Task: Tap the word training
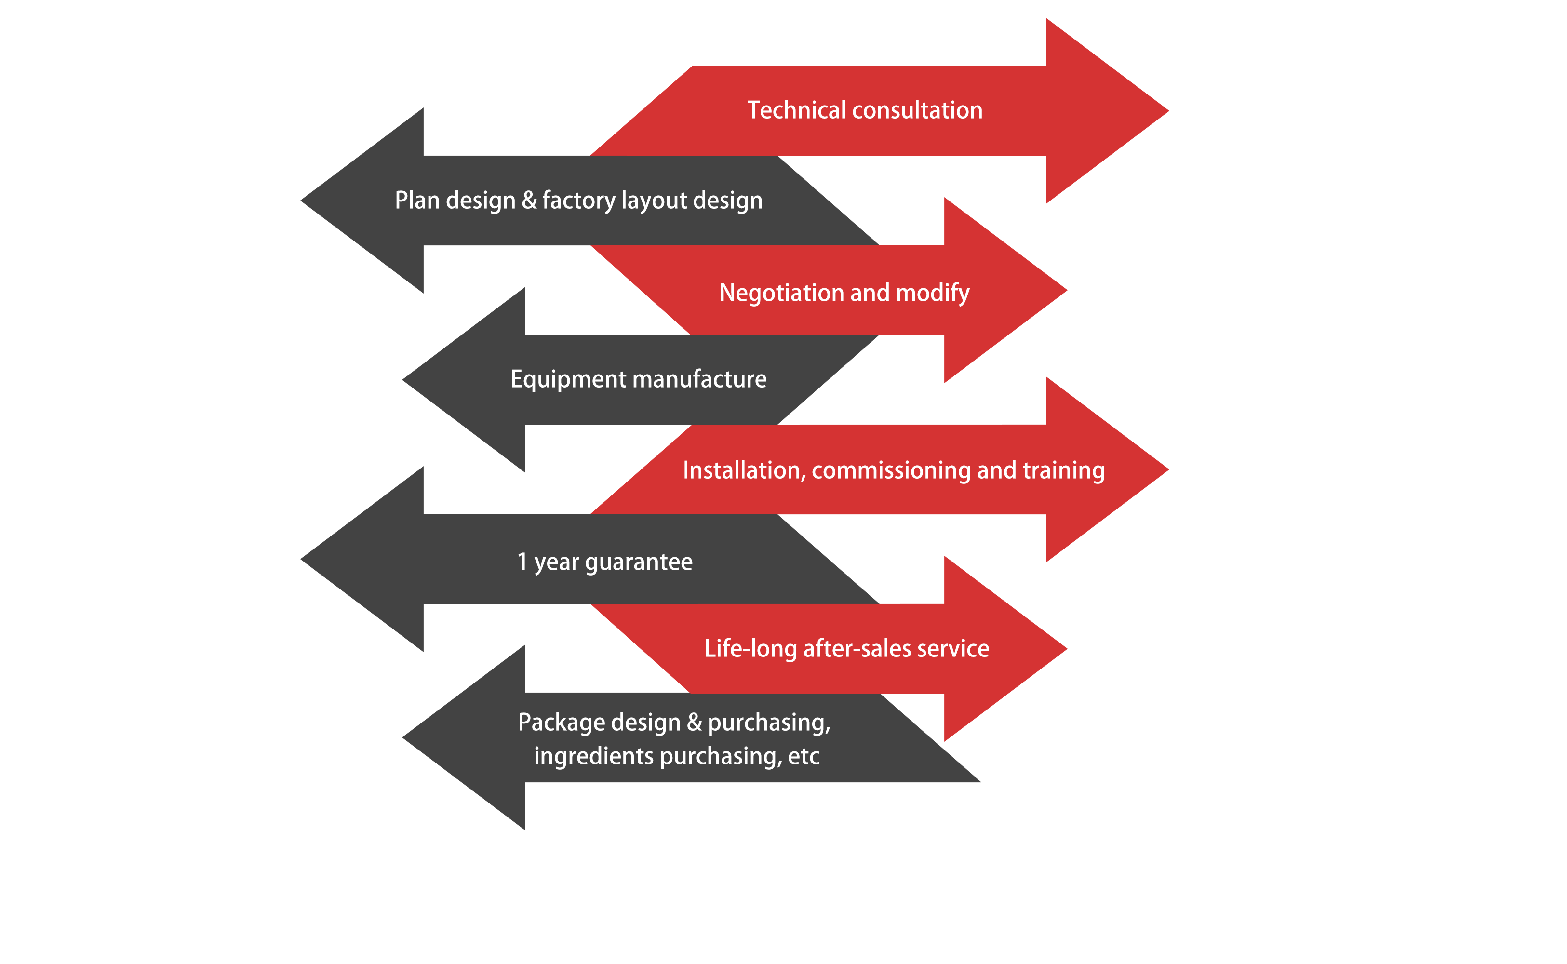coord(1063,470)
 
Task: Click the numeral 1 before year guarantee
coord(522,562)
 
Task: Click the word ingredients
coord(593,756)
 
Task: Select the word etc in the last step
coord(804,756)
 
